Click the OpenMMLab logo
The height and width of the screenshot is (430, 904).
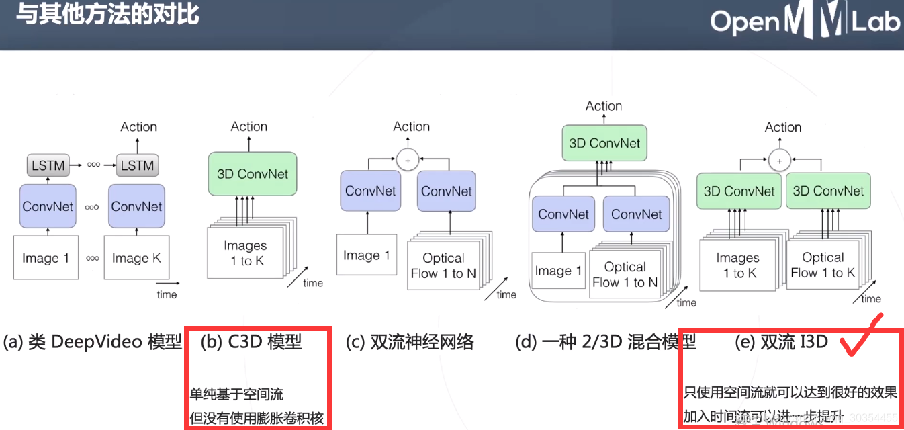click(x=805, y=21)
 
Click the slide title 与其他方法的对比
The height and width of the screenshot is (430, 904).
click(x=107, y=14)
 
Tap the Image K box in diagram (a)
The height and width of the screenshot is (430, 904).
click(x=136, y=258)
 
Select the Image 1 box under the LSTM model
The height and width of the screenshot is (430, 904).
click(x=46, y=258)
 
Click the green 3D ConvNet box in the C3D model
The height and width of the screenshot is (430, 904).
click(x=252, y=174)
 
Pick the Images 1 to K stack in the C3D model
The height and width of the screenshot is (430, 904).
click(x=245, y=253)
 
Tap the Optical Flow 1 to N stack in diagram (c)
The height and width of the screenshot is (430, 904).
click(x=443, y=266)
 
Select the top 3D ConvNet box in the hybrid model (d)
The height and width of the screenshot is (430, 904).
click(x=604, y=143)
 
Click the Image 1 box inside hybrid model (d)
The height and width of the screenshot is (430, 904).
click(x=558, y=271)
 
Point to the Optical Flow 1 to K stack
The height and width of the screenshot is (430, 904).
click(x=823, y=265)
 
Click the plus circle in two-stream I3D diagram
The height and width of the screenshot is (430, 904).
click(x=779, y=160)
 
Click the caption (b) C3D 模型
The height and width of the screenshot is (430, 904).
click(x=251, y=342)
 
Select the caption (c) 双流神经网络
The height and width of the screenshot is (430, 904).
click(x=410, y=342)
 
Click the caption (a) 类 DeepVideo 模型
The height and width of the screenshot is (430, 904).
click(x=92, y=342)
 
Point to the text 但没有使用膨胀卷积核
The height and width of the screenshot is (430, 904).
click(x=257, y=418)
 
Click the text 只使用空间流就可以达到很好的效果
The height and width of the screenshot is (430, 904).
click(x=790, y=393)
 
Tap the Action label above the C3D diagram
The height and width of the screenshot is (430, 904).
click(x=249, y=126)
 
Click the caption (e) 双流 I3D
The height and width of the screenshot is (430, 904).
click(x=782, y=342)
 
